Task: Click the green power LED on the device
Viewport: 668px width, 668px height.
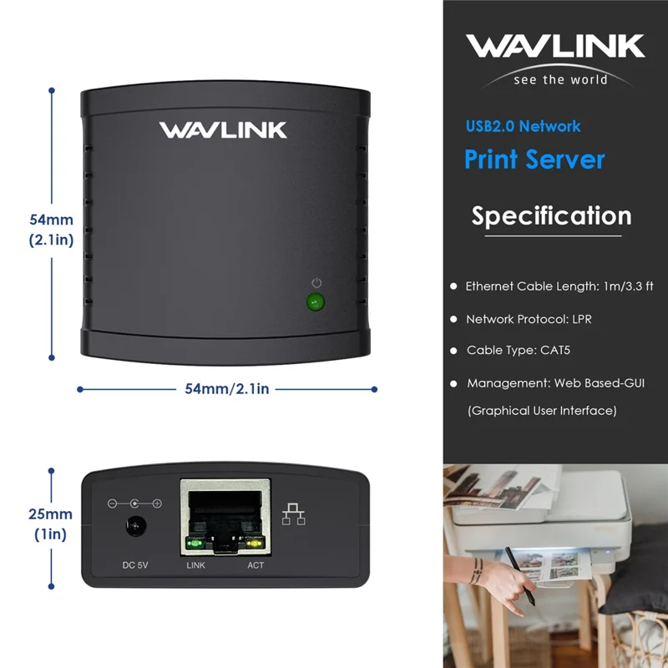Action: pyautogui.click(x=316, y=302)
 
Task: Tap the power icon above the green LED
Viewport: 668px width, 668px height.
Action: pyautogui.click(x=316, y=283)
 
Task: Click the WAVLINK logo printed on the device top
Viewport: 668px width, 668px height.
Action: pyautogui.click(x=223, y=130)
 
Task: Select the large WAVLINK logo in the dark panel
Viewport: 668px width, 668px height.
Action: pyautogui.click(x=555, y=46)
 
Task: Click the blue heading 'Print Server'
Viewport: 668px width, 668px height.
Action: pyautogui.click(x=534, y=159)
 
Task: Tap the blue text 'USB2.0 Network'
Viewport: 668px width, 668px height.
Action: pyautogui.click(x=523, y=126)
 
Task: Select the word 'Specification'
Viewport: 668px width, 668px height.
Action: pyautogui.click(x=551, y=215)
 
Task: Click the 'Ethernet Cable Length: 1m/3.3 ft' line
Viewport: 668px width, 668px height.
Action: pyautogui.click(x=559, y=286)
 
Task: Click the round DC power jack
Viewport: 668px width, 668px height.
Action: pyautogui.click(x=134, y=529)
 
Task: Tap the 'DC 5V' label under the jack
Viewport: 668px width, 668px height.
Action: pyautogui.click(x=134, y=565)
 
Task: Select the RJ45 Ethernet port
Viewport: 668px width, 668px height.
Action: pyautogui.click(x=225, y=518)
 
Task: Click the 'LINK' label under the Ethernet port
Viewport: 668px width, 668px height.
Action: pyautogui.click(x=195, y=565)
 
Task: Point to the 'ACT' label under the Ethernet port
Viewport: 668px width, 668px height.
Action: pyautogui.click(x=256, y=565)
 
